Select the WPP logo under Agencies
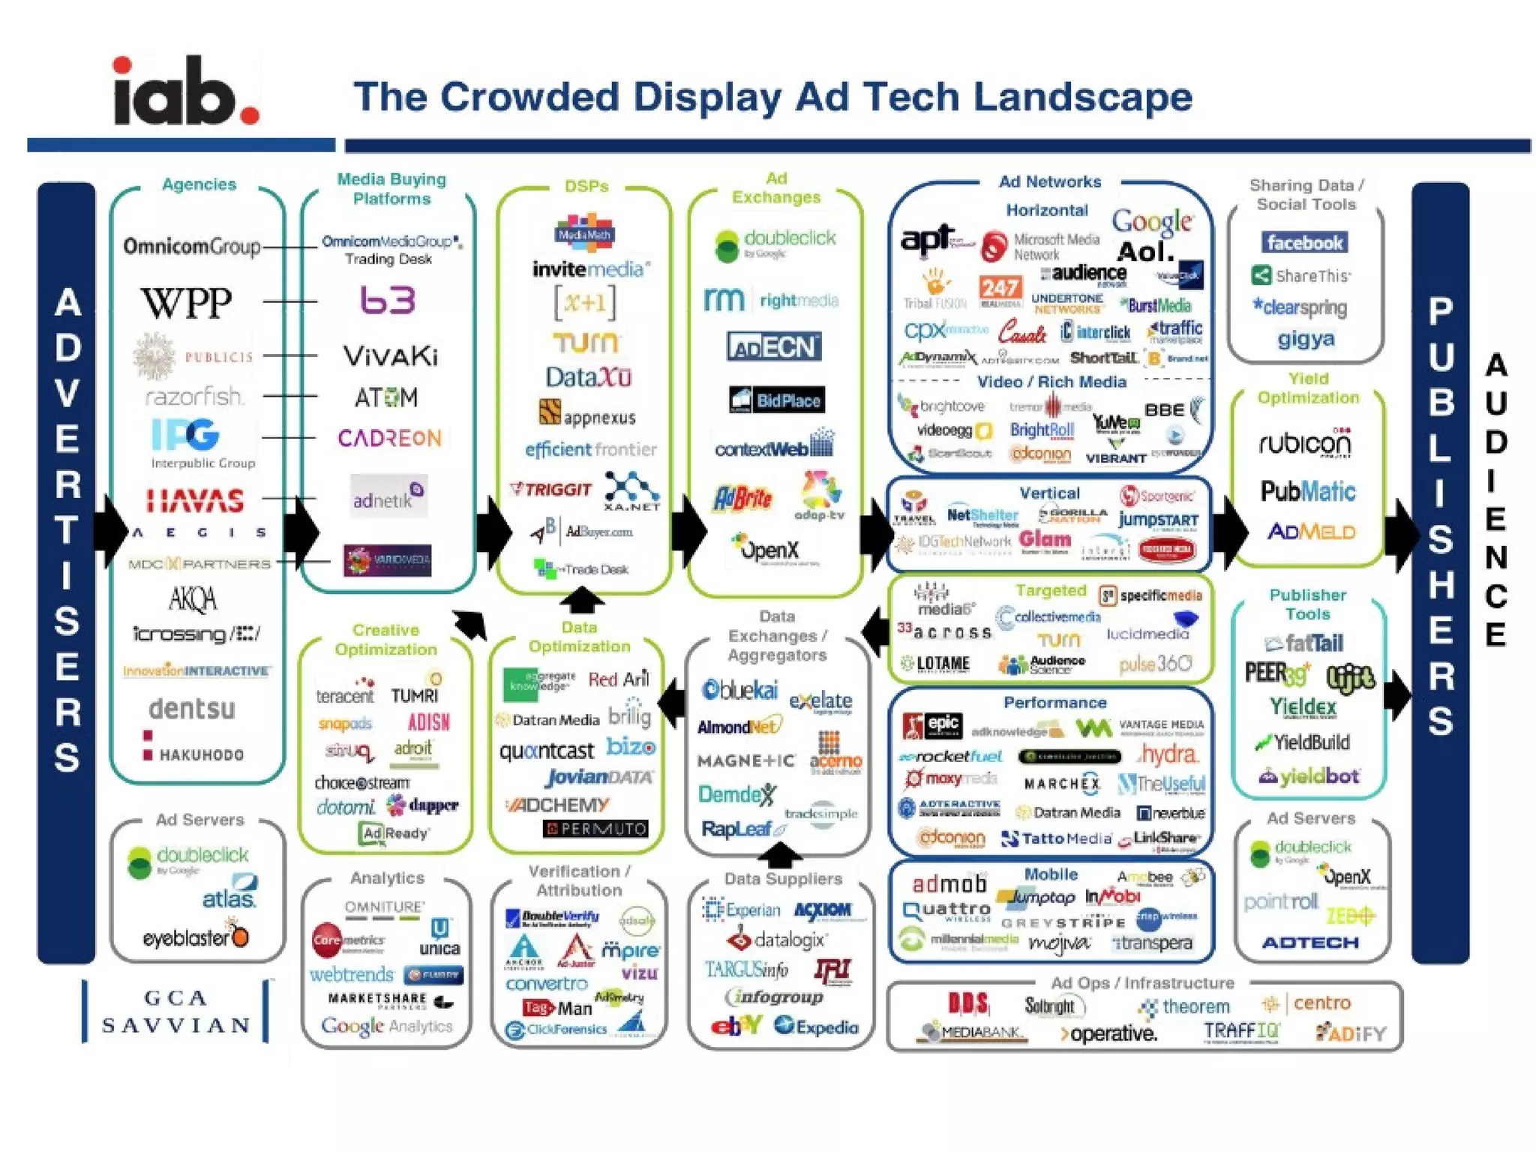click(x=187, y=303)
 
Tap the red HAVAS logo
click(x=195, y=500)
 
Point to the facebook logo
click(x=1305, y=242)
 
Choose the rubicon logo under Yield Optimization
click(x=1305, y=444)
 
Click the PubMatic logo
click(x=1308, y=491)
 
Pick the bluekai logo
click(x=740, y=689)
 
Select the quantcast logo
click(x=547, y=750)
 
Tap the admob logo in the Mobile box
click(x=949, y=884)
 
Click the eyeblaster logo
click(x=195, y=937)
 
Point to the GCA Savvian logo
click(x=175, y=1011)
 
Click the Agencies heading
click(x=199, y=184)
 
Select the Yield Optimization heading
click(x=1308, y=388)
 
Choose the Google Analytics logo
click(x=387, y=1026)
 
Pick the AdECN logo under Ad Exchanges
click(x=774, y=346)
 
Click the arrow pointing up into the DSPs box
click(x=582, y=600)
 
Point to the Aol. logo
click(x=1144, y=252)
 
